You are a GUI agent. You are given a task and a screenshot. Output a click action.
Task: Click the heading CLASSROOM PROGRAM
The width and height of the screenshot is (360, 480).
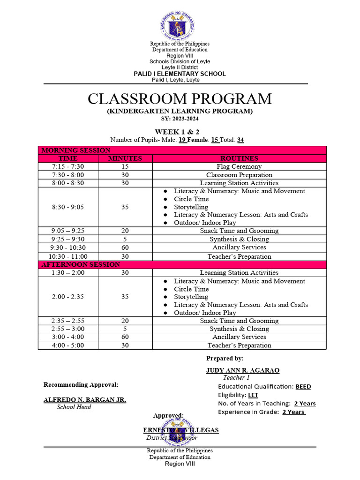pyautogui.click(x=180, y=99)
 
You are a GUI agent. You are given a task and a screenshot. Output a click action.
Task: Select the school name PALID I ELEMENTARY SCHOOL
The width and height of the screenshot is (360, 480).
pyautogui.click(x=180, y=74)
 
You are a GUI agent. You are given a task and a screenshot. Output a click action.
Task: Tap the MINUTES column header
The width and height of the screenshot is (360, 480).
pyautogui.click(x=125, y=158)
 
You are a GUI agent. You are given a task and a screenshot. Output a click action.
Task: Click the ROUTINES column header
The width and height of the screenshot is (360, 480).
pyautogui.click(x=239, y=158)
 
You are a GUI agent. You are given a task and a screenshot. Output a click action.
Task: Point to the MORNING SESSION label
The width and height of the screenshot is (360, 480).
pyautogui.click(x=76, y=150)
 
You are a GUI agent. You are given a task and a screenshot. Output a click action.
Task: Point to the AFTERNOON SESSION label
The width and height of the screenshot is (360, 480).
pyautogui.click(x=81, y=264)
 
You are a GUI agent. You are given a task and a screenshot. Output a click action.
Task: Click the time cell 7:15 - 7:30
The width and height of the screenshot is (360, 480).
pyautogui.click(x=68, y=166)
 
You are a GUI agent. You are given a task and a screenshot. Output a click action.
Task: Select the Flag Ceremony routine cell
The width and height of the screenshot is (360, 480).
pyautogui.click(x=239, y=166)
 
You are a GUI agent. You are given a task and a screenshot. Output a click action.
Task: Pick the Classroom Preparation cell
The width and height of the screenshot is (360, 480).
pyautogui.click(x=239, y=175)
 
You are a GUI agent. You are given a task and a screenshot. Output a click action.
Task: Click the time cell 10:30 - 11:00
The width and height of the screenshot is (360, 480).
pyautogui.click(x=68, y=256)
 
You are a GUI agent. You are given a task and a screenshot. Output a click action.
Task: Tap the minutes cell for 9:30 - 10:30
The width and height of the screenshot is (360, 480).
pyautogui.click(x=125, y=247)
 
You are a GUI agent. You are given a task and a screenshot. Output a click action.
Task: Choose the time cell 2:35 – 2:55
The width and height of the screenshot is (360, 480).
pyautogui.click(x=68, y=321)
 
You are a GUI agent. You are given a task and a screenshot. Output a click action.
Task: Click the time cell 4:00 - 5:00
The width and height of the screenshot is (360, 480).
pyautogui.click(x=68, y=345)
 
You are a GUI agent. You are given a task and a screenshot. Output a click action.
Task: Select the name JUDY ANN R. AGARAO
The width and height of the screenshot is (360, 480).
pyautogui.click(x=243, y=370)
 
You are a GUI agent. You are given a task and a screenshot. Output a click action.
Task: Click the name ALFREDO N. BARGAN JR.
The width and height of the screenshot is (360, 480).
pyautogui.click(x=85, y=400)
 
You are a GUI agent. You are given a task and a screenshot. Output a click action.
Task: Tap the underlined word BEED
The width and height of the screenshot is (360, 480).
pyautogui.click(x=303, y=387)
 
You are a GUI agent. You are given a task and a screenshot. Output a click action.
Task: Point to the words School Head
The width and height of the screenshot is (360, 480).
pyautogui.click(x=74, y=407)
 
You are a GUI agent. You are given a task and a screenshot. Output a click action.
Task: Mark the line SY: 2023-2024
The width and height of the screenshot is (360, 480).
pyautogui.click(x=180, y=119)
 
